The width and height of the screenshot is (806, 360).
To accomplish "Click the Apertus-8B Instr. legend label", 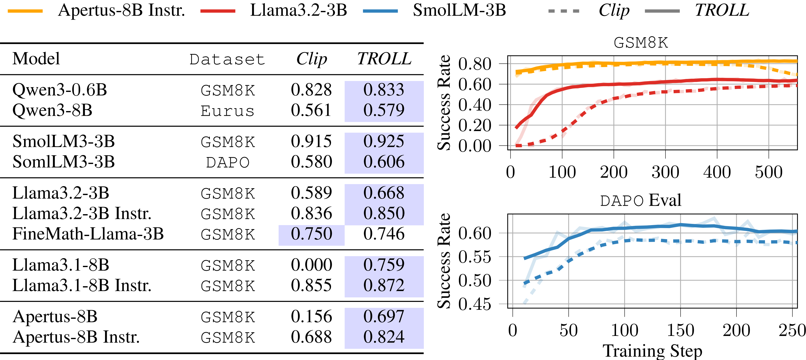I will (121, 10).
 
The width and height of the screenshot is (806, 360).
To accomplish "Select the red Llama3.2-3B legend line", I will (218, 11).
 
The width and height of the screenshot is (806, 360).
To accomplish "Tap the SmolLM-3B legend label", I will (459, 10).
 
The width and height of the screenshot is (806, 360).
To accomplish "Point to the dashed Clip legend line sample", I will (564, 11).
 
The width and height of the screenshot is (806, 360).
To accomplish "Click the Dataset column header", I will (227, 59).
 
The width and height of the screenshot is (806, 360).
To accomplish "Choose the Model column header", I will (36, 59).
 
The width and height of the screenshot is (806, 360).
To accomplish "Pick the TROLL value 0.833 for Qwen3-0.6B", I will (384, 90).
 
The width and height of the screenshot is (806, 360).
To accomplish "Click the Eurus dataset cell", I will (227, 111).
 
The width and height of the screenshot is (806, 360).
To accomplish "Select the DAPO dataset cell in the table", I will (227, 162).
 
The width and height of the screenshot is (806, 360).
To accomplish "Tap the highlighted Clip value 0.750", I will (311, 234).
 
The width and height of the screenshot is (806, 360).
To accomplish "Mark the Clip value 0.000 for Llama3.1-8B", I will (311, 265).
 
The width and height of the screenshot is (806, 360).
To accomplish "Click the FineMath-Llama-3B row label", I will (88, 234).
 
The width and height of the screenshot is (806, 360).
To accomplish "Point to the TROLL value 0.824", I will (384, 337).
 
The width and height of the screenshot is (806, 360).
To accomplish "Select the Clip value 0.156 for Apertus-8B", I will (311, 317).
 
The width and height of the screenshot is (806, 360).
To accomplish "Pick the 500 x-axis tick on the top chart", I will (769, 172).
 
